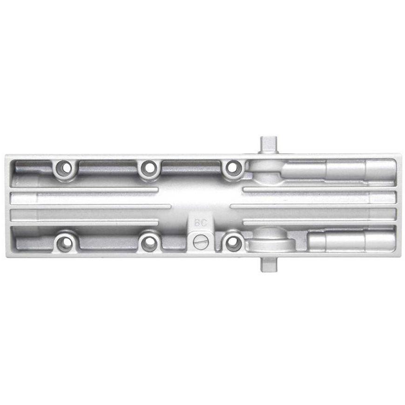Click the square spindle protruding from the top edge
click(269, 145)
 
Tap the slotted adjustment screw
click(200, 243)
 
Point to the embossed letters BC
click(201, 223)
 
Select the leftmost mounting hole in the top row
click(66, 168)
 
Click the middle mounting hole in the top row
click(149, 168)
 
